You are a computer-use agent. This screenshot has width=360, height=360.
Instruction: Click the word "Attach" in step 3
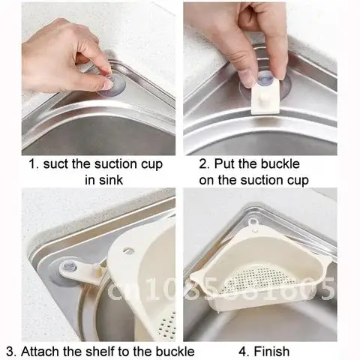[x=45, y=350]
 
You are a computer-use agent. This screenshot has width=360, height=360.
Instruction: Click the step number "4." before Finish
[x=244, y=350]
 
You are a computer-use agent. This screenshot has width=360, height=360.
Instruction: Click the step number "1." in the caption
[x=34, y=164]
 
